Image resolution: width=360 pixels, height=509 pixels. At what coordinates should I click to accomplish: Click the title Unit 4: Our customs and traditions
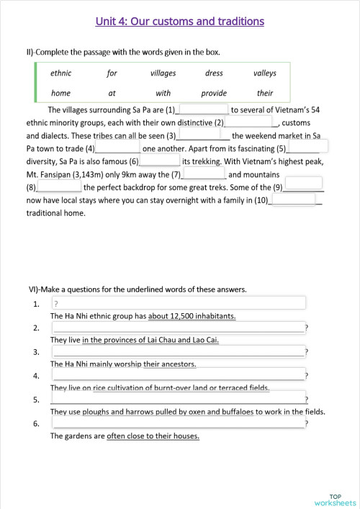point(179,22)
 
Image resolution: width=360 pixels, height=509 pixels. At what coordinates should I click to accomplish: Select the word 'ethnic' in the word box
point(60,73)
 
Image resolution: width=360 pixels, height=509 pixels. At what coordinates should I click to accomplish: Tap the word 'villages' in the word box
point(163,73)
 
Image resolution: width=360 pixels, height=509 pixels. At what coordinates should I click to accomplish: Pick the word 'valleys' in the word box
point(264,73)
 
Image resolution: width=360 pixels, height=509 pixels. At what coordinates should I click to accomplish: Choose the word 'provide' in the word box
point(214,93)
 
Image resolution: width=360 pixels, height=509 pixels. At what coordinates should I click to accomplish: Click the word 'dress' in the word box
point(214,73)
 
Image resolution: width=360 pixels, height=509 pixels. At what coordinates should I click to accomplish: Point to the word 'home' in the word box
point(60,93)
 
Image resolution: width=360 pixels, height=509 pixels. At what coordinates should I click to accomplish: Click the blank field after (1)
point(202,109)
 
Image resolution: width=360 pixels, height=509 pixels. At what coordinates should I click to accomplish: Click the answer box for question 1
point(179,303)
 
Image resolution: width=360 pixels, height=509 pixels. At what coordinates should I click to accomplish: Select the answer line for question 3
point(179,352)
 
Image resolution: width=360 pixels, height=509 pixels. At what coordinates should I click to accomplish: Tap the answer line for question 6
point(179,424)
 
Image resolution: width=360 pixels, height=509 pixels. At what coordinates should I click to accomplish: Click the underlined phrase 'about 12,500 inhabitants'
point(192,316)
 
